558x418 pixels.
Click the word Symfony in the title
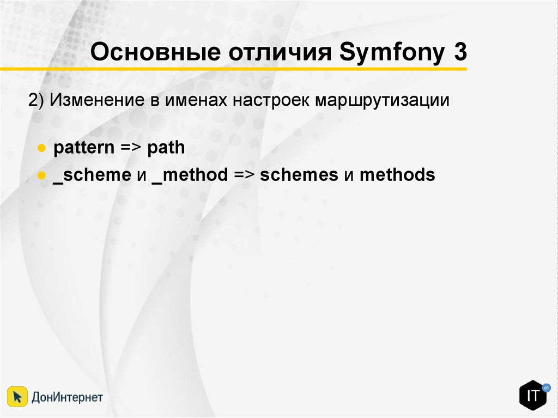click(x=392, y=52)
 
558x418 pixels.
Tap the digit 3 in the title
click(x=460, y=52)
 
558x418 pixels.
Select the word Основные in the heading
click(x=155, y=52)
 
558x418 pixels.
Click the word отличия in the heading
click(x=280, y=52)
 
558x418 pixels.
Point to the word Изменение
click(x=97, y=100)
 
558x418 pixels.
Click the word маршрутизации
click(x=382, y=101)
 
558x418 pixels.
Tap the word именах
click(x=196, y=101)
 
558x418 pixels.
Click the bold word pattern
click(x=84, y=148)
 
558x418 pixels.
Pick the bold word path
click(x=166, y=147)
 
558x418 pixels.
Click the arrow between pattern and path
click(x=131, y=147)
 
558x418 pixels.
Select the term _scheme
click(x=92, y=175)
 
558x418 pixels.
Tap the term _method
click(x=190, y=175)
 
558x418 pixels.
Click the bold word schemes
click(x=299, y=175)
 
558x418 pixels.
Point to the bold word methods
click(x=397, y=175)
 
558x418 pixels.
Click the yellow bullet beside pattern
click(x=41, y=148)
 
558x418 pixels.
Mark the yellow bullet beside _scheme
click(x=41, y=175)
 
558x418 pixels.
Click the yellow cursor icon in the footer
click(x=17, y=396)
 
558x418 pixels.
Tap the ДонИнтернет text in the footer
click(x=67, y=397)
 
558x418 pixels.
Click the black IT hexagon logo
click(x=533, y=395)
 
